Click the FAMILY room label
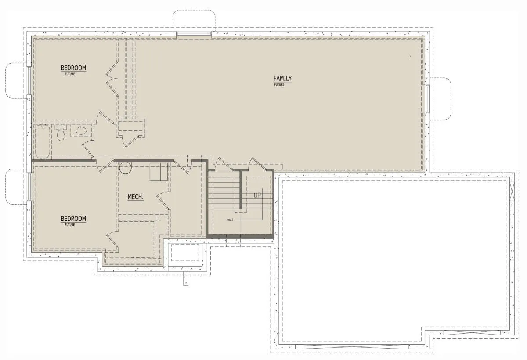[x=282, y=78]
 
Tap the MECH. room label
[x=136, y=197]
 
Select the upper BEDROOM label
[x=73, y=68]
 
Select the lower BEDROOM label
[x=73, y=219]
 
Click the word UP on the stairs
[x=257, y=195]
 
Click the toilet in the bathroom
[x=61, y=133]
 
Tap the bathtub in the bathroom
[x=42, y=140]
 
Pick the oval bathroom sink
[x=81, y=130]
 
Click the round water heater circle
[x=125, y=168]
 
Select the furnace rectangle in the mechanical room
[x=159, y=171]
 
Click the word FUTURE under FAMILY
[x=279, y=84]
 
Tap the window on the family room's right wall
[x=427, y=99]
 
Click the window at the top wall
[x=194, y=34]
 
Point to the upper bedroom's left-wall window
[x=29, y=80]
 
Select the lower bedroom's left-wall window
[x=29, y=187]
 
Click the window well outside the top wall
[x=194, y=21]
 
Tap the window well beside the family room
[x=440, y=99]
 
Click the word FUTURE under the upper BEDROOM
[x=70, y=74]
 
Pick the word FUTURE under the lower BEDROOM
[x=70, y=225]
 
